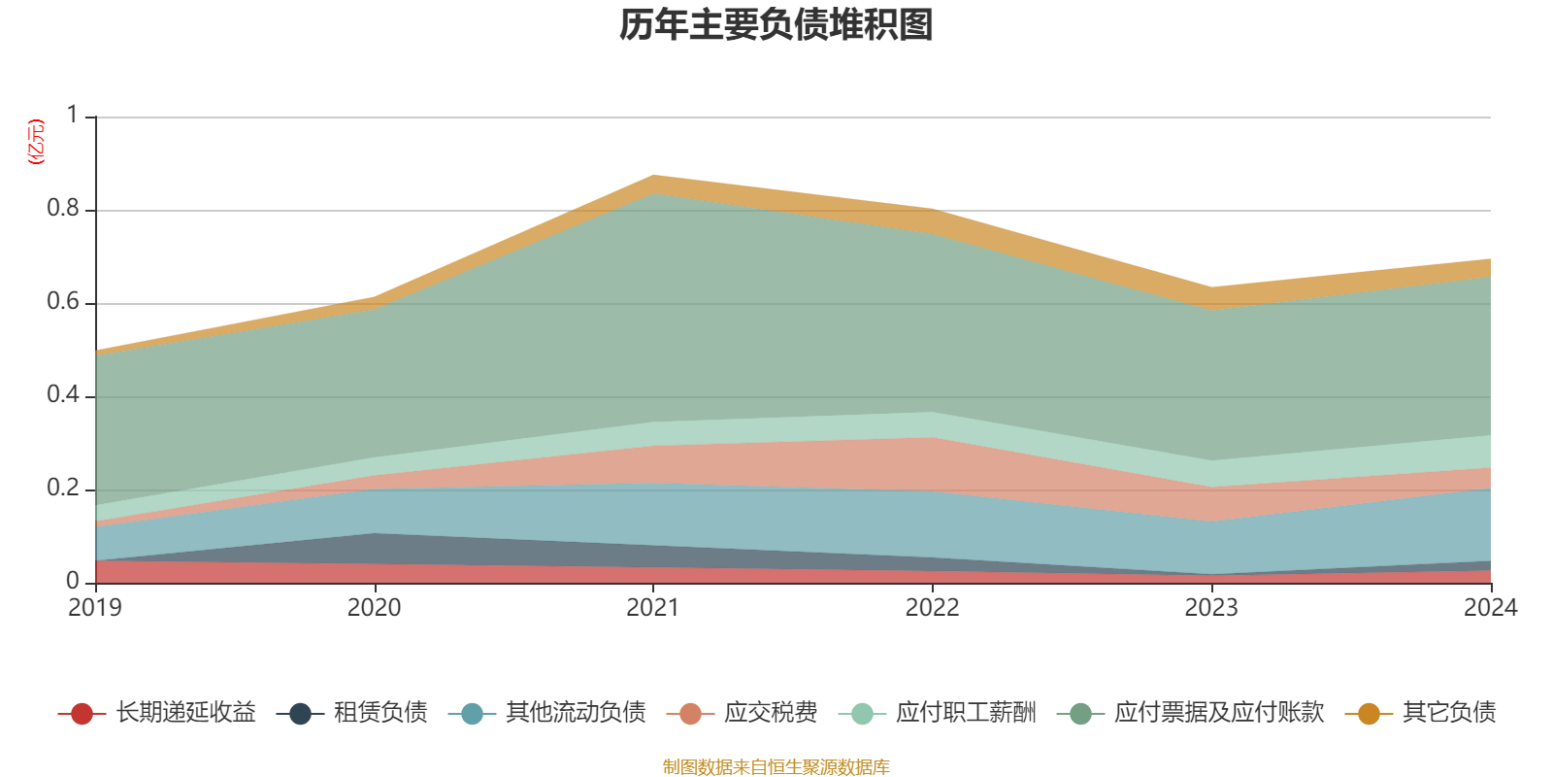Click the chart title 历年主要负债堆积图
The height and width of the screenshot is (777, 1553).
[776, 25]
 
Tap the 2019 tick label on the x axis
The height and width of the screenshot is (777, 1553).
[95, 608]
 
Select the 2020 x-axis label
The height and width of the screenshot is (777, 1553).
[374, 608]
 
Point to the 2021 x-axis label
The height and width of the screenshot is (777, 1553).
[653, 608]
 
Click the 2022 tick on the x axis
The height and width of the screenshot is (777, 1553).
[932, 608]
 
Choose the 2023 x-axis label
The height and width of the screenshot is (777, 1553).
[1211, 608]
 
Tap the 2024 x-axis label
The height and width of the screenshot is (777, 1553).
[1490, 608]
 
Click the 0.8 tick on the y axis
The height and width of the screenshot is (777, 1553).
[63, 209]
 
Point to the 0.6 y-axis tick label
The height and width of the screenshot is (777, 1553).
[63, 302]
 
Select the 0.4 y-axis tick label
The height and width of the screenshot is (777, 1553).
[63, 395]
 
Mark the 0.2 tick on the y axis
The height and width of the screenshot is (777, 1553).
[63, 489]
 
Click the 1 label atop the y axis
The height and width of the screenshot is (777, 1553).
[72, 116]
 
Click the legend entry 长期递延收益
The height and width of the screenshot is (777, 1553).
[185, 713]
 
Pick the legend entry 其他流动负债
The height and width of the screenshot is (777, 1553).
[576, 713]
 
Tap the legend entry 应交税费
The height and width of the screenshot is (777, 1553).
[770, 713]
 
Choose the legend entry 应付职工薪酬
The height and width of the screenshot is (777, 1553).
[965, 713]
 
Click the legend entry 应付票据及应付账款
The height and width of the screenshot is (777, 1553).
[1218, 713]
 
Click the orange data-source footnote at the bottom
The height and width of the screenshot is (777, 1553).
[776, 767]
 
